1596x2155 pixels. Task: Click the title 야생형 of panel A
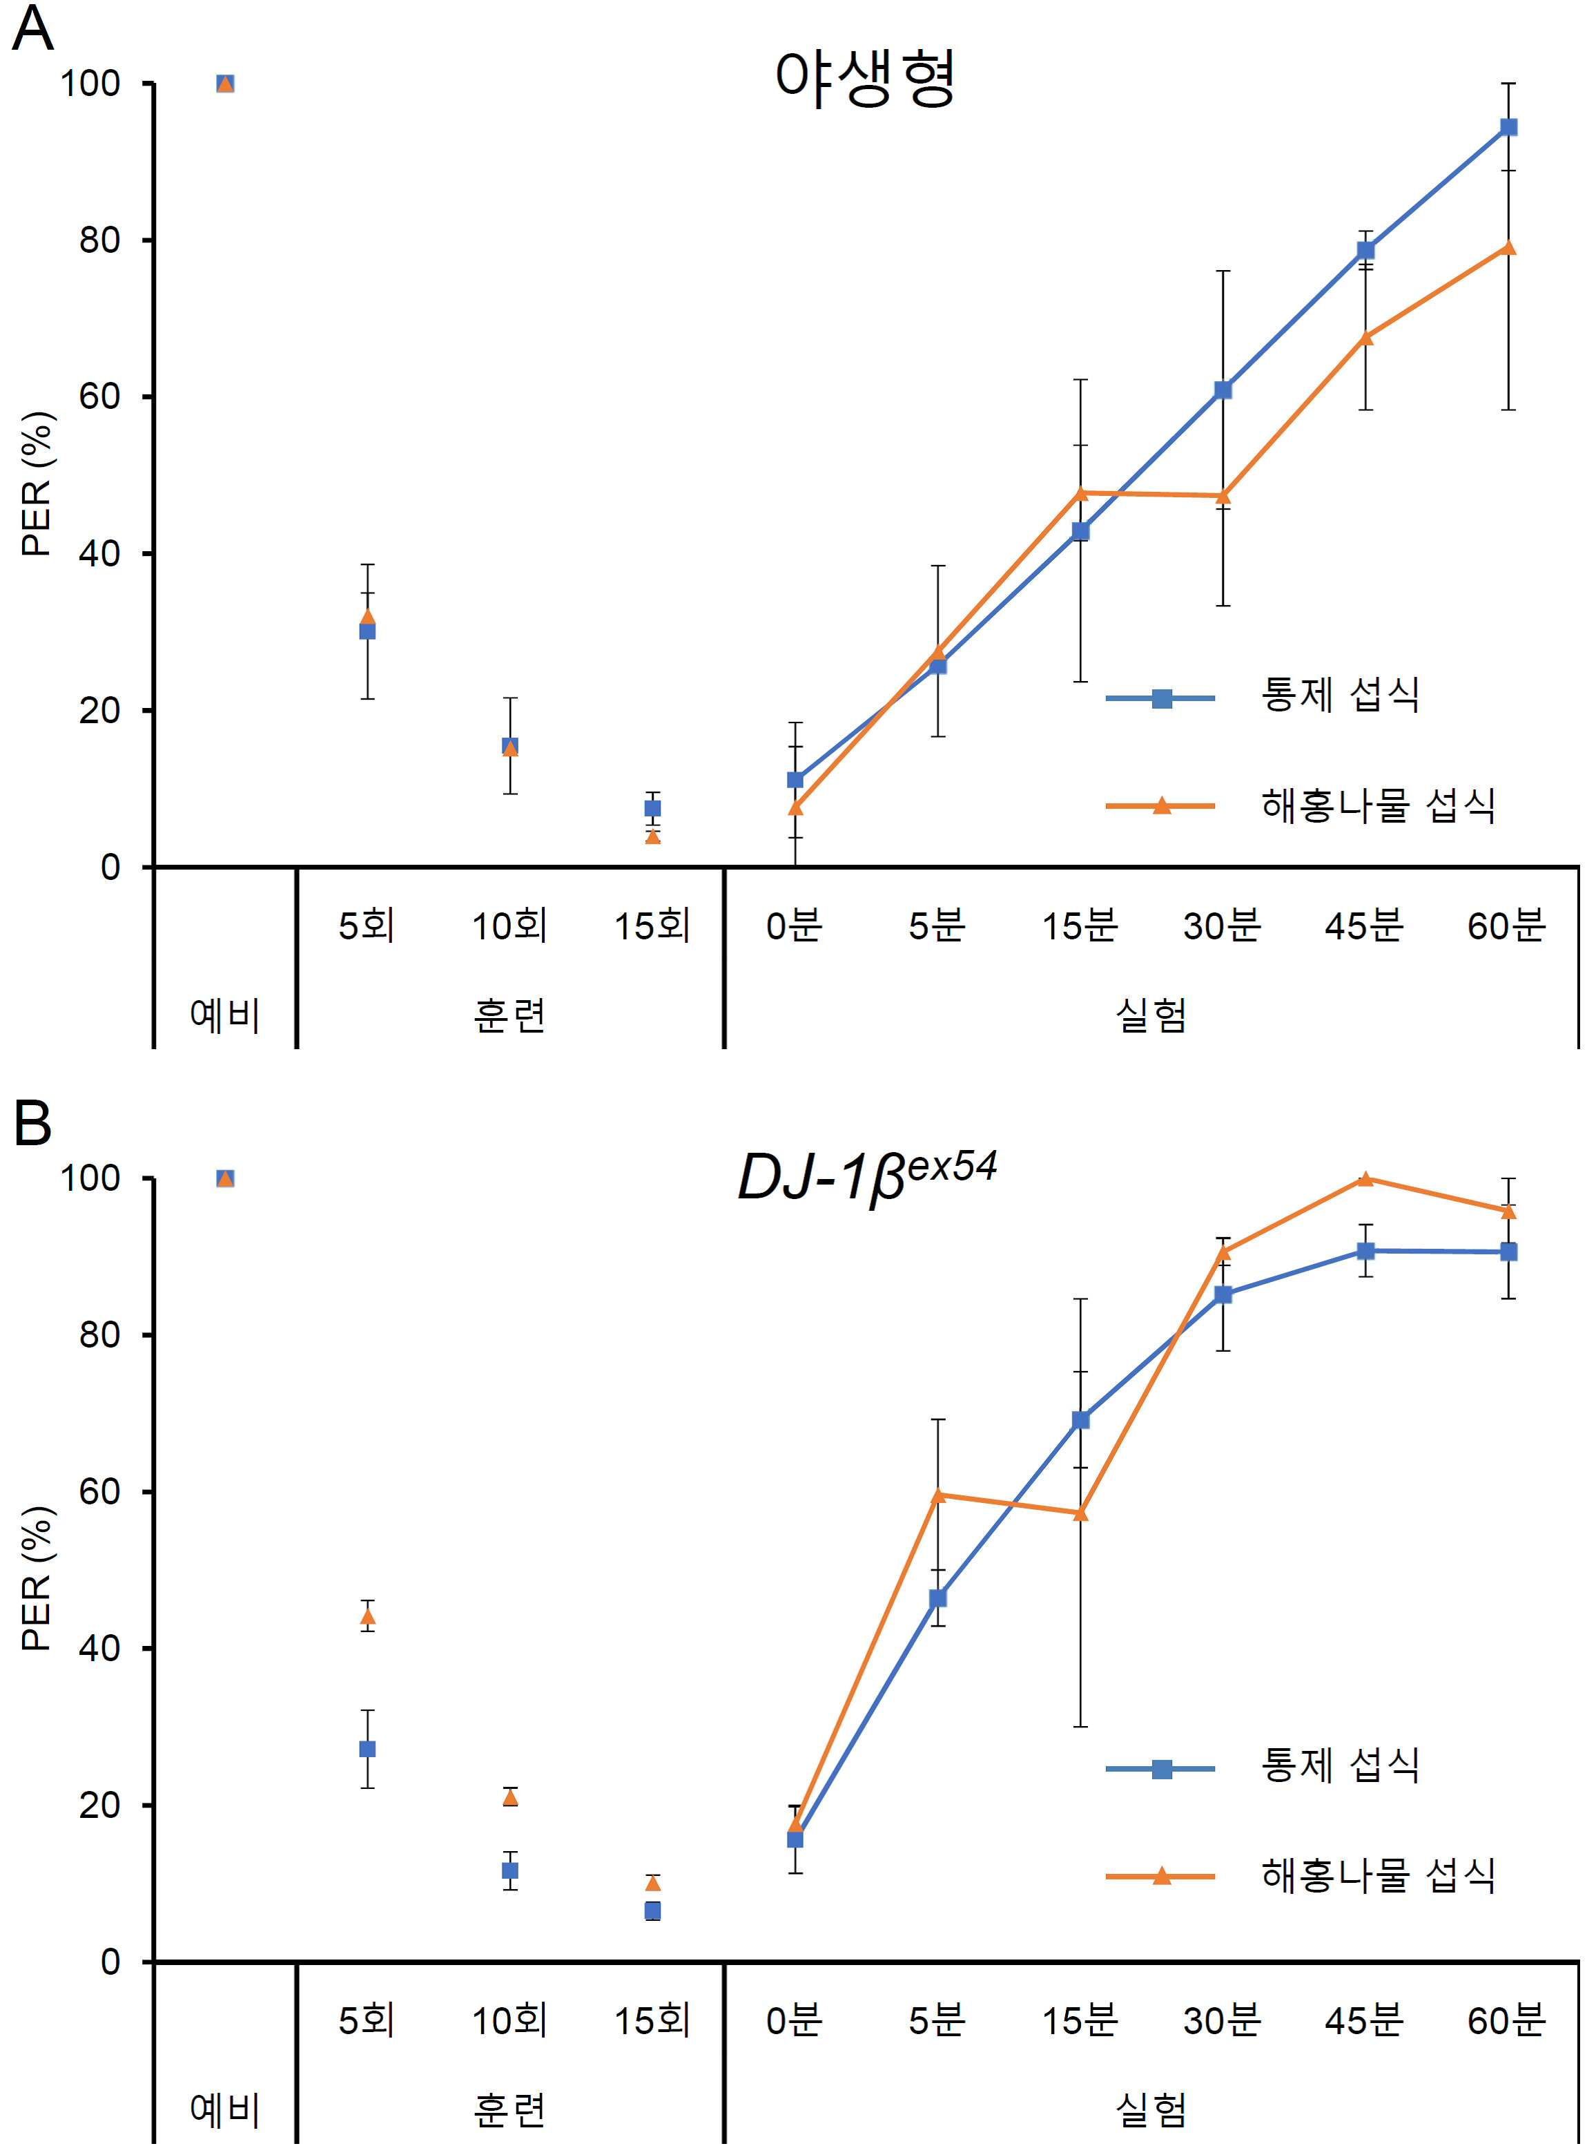865,78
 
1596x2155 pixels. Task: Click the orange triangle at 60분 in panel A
1508,247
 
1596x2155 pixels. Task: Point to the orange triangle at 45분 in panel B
1365,1178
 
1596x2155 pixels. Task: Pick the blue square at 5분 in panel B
937,1598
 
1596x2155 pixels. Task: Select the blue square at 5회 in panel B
367,1749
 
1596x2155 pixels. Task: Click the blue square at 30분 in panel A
1223,390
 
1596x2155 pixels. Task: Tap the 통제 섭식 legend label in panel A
1340,695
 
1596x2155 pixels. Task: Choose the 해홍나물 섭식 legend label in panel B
1379,1876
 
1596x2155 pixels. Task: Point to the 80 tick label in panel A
99,240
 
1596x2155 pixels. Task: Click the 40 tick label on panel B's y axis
99,1649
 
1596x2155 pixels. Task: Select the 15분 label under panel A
1079,926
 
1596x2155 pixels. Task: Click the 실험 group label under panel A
1151,1015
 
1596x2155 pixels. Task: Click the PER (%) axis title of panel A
37,483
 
